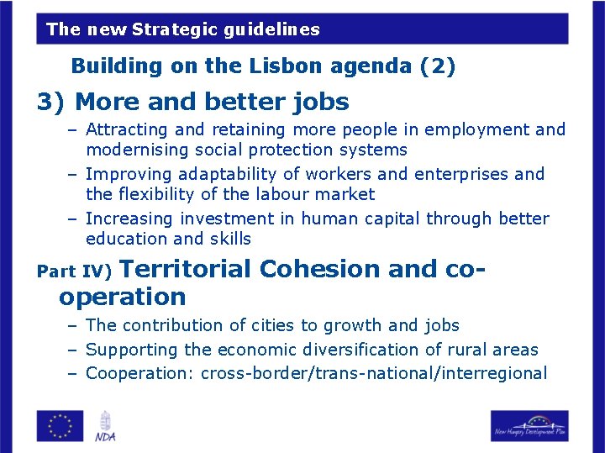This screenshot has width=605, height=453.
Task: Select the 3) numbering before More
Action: pos(52,103)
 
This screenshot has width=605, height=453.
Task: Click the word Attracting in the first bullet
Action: pos(128,130)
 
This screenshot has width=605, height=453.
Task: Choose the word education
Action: pos(127,240)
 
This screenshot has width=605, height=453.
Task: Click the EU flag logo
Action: pos(60,425)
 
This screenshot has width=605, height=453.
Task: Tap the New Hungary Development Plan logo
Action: pos(529,425)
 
